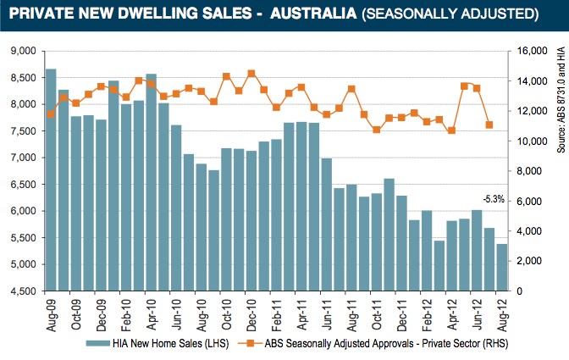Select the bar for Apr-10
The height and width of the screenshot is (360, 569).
coord(151,182)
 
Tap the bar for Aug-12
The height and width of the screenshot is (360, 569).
coord(501,267)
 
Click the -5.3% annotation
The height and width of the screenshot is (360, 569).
coord(493,199)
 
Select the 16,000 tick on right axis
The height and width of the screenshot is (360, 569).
coord(534,51)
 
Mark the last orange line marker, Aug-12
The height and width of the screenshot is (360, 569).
coord(489,125)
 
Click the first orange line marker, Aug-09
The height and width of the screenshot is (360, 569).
coord(51,114)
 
